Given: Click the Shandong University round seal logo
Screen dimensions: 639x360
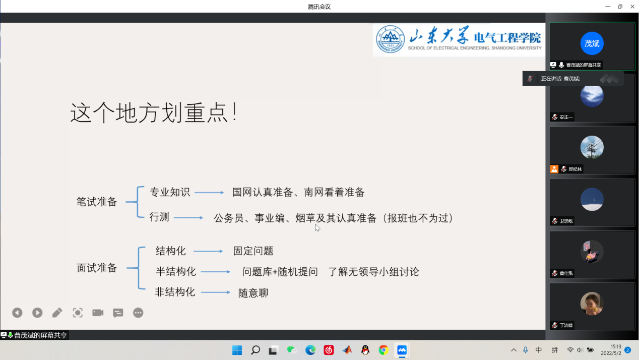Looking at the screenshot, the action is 390,39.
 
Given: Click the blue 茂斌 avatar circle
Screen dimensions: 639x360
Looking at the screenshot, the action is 592,43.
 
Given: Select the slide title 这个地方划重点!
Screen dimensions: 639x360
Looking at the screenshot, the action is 154,113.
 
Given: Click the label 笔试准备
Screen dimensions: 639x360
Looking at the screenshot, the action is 97,202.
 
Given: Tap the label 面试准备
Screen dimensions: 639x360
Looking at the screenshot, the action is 97,268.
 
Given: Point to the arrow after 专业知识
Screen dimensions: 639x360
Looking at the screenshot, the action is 209,193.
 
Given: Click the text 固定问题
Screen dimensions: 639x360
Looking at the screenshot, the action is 253,251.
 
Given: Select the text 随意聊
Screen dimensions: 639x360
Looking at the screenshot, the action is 253,293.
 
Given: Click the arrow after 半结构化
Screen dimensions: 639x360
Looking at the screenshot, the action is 215,272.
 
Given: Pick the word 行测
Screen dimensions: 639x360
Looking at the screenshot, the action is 159,217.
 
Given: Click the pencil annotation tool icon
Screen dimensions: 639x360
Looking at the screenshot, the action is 57,313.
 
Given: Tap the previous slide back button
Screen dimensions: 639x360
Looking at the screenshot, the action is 17,313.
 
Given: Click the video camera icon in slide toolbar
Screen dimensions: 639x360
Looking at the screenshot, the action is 98,313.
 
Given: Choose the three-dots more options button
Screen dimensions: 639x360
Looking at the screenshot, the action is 138,313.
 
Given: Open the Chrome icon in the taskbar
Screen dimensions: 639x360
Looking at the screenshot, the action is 384,350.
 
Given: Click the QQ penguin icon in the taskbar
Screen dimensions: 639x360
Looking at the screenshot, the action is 365,350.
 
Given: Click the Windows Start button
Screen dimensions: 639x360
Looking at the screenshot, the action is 237,350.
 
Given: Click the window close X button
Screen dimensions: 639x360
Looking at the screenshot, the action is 632,7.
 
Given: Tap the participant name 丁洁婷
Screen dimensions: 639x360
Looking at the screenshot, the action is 566,325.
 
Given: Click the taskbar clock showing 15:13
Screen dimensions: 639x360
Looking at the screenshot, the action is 616,346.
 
